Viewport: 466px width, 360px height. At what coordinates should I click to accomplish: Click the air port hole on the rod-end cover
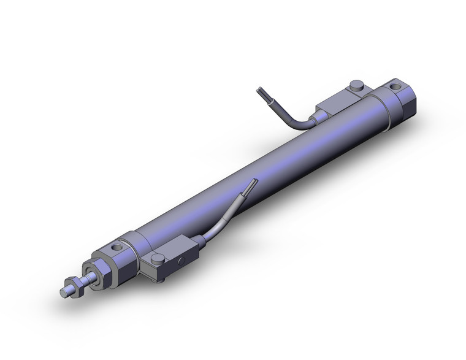click(x=116, y=248)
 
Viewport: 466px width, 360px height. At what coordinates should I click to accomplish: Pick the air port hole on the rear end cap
click(x=399, y=88)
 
